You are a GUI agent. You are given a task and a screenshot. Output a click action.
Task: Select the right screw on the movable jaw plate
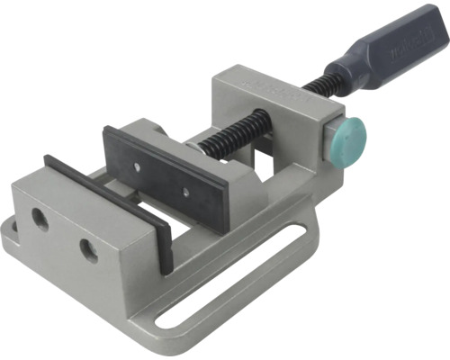[184, 193]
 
